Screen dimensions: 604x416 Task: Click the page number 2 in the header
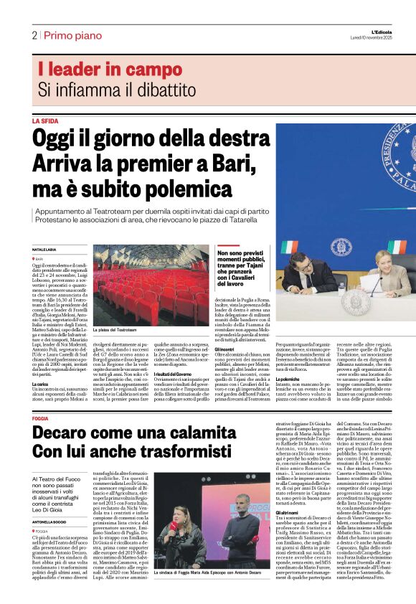(34, 35)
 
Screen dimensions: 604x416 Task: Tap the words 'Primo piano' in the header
(71, 35)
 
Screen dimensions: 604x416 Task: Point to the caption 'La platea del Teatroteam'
(115, 329)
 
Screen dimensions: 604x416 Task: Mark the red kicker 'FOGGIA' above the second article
(41, 417)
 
